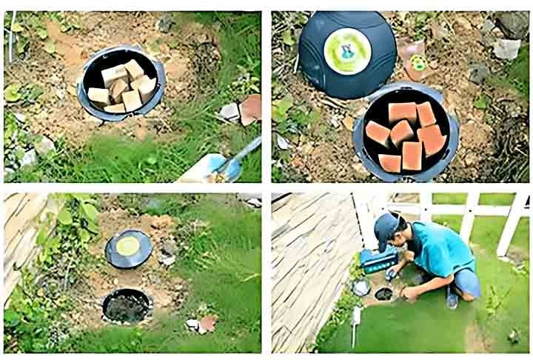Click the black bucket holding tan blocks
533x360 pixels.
tap(121, 84)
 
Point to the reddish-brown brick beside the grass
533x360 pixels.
tap(250, 110)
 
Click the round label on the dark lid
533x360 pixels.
tap(347, 50)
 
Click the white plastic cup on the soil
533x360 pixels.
tap(506, 49)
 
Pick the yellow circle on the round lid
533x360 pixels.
tap(129, 247)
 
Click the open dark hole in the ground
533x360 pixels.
tap(127, 305)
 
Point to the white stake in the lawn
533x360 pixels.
tap(357, 319)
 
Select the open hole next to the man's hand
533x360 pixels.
tap(383, 294)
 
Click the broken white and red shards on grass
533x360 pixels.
tap(201, 324)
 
